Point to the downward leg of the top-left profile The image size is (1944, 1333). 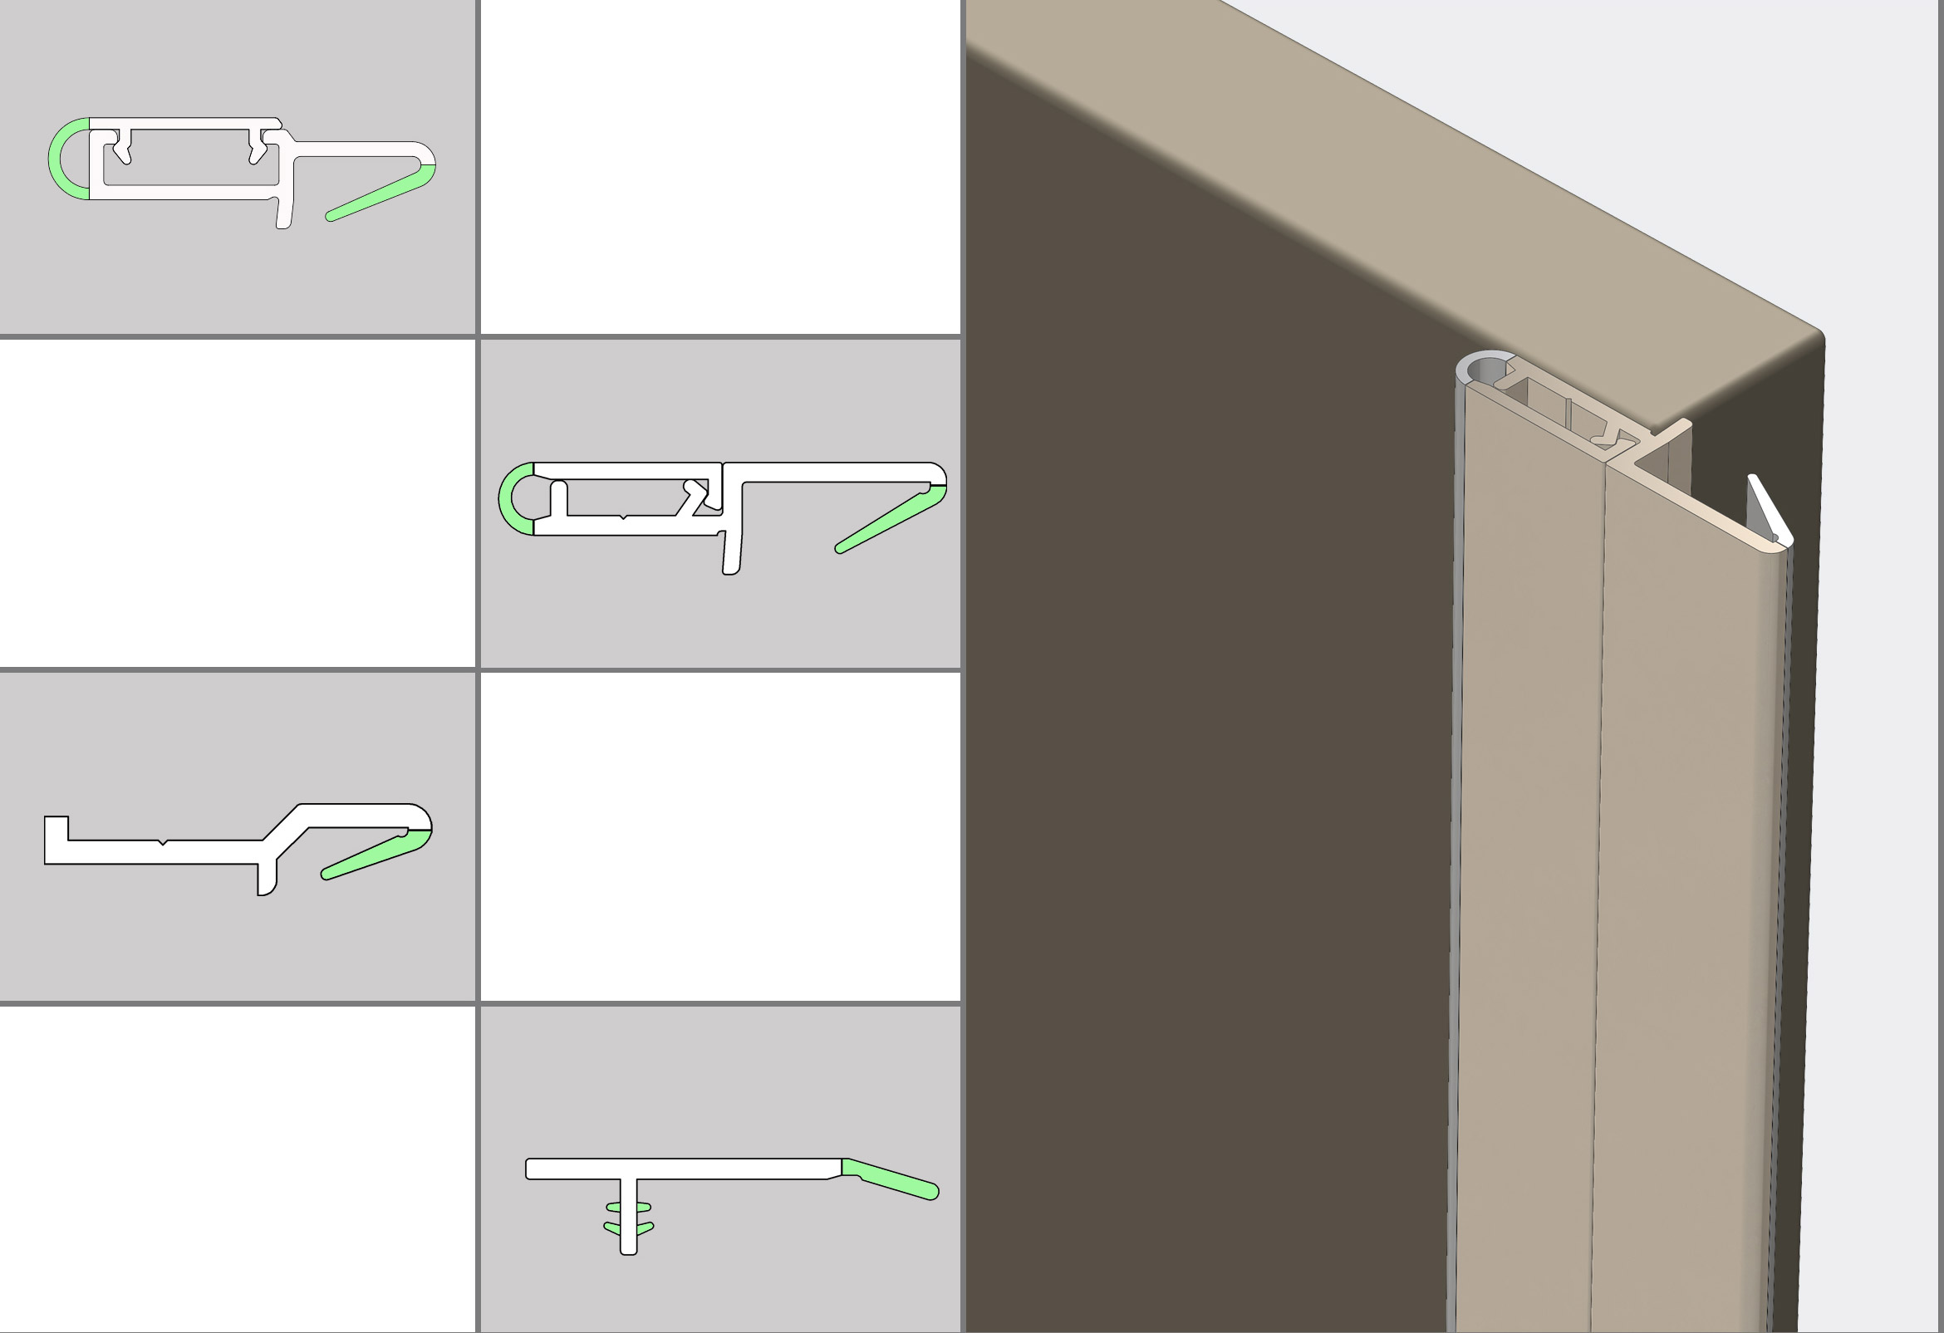pyautogui.click(x=284, y=213)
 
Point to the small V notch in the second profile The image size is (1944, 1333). pyautogui.click(x=623, y=517)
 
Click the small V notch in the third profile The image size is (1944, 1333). pyautogui.click(x=163, y=843)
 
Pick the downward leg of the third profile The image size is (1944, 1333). pyautogui.click(x=267, y=880)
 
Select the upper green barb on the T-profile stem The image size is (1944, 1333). pyautogui.click(x=628, y=1208)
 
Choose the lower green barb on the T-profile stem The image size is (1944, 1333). pyautogui.click(x=628, y=1228)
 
